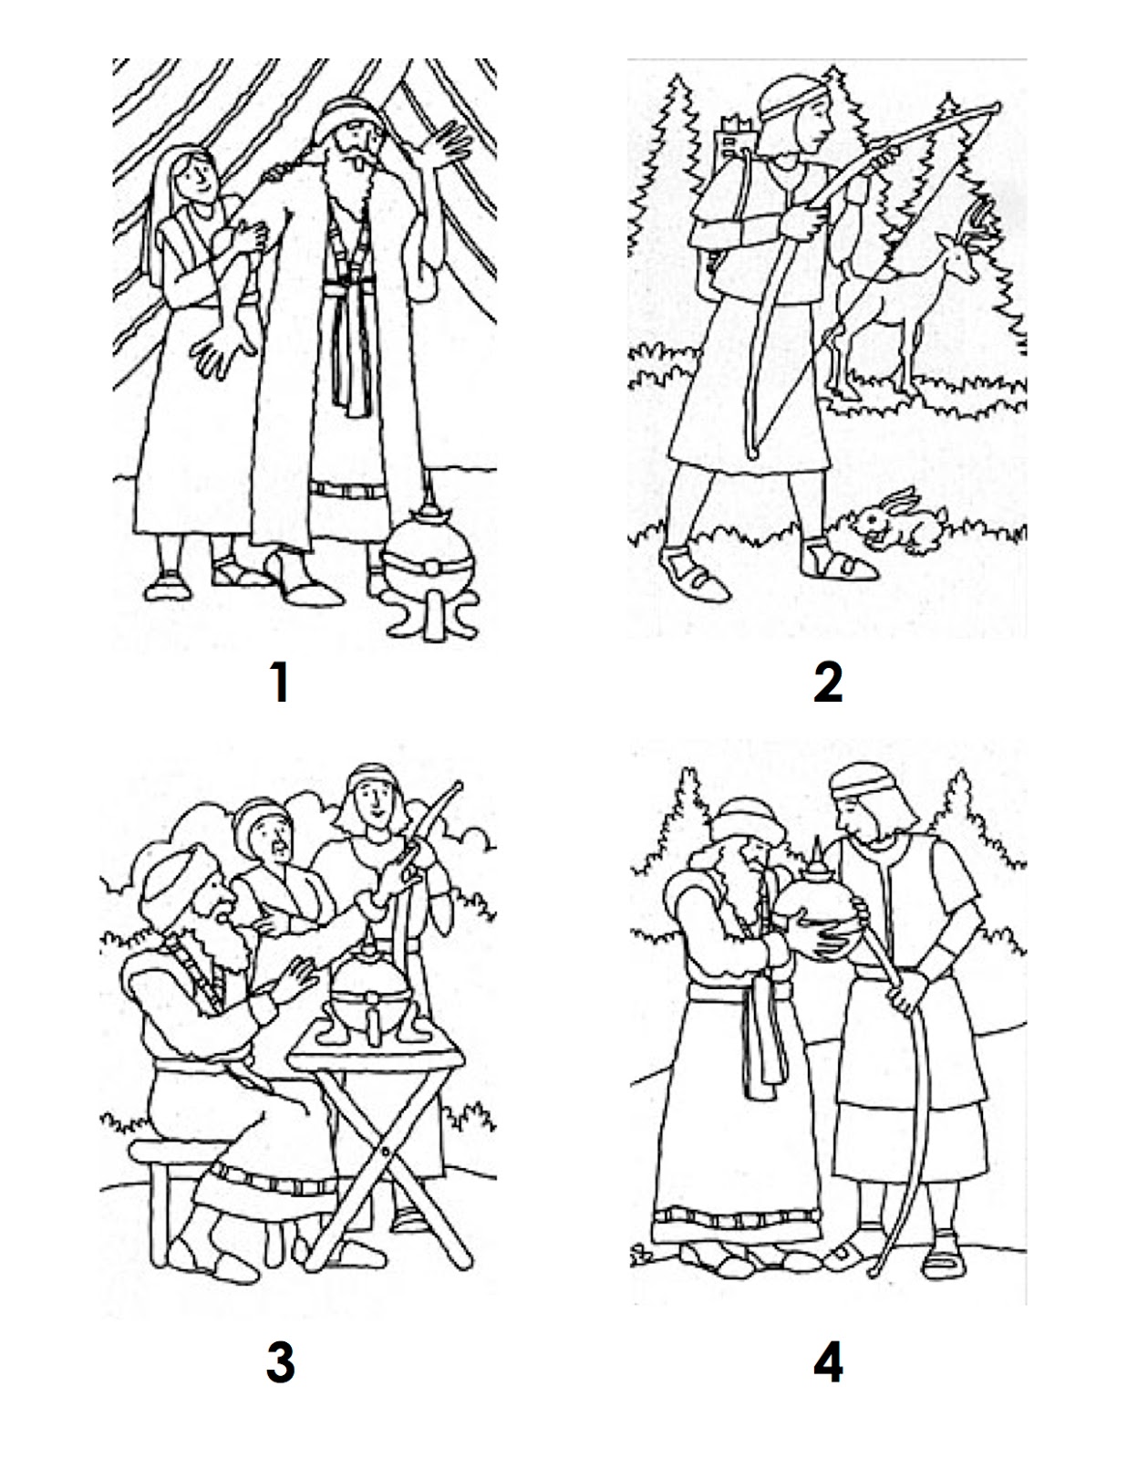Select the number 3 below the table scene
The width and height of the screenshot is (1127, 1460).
tap(280, 1364)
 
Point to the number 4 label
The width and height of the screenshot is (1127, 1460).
tap(828, 1364)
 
